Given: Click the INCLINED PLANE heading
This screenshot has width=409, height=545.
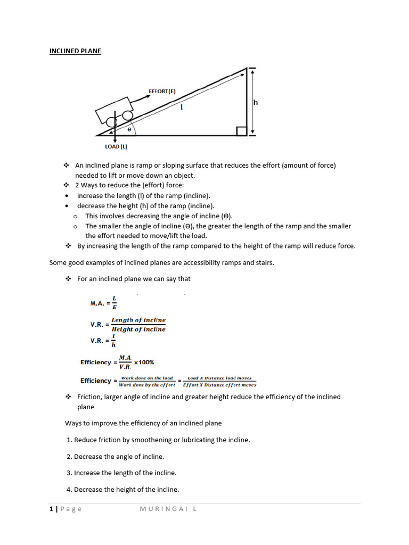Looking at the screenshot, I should click(75, 51).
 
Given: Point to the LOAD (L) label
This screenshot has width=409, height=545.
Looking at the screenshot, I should click(116, 146).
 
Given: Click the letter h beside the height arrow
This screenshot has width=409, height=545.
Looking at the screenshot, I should click(256, 103).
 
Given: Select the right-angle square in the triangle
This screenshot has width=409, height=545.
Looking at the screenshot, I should click(241, 131).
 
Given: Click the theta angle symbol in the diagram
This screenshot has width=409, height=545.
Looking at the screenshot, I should click(129, 129).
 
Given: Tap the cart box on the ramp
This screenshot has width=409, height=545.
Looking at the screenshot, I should click(113, 110).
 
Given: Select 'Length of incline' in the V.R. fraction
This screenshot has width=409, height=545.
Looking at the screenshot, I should click(138, 320).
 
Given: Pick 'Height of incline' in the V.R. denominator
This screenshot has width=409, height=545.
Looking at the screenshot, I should click(138, 329).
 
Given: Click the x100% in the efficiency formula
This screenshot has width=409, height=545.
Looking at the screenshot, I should click(144, 362).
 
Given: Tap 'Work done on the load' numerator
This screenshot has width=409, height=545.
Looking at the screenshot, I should click(146, 377).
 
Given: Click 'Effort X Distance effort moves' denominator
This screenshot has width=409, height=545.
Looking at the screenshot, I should click(219, 385).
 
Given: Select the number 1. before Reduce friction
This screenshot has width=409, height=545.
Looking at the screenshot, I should click(69, 440).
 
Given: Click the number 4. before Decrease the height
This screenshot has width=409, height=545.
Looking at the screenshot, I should click(69, 490).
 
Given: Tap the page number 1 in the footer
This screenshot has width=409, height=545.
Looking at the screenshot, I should click(51, 509).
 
